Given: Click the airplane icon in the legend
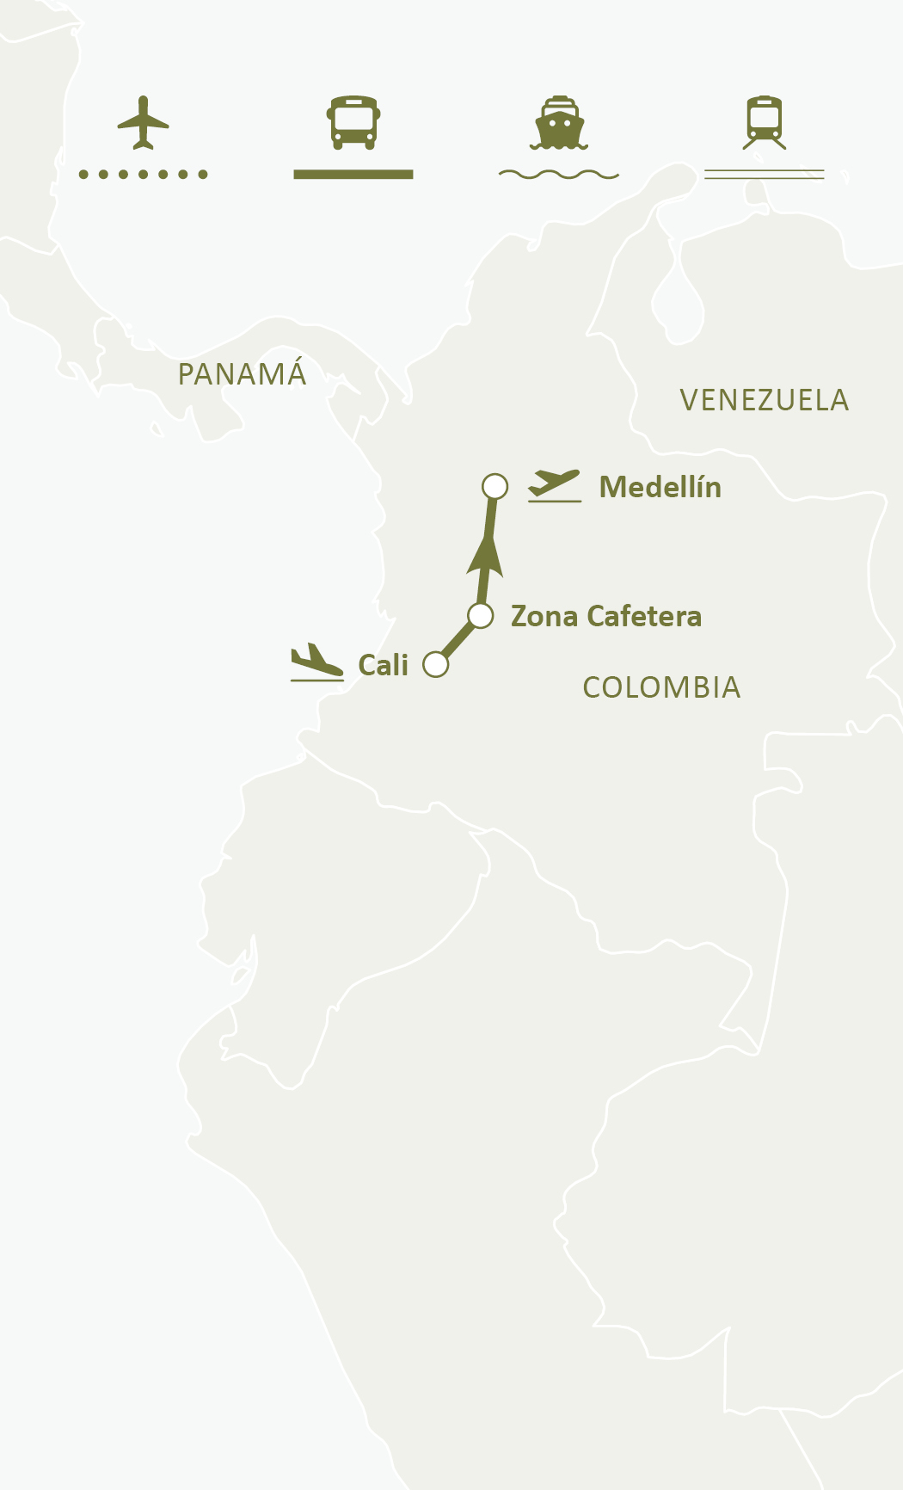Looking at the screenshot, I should pos(143,123).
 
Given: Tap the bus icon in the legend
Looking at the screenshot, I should pos(353,122).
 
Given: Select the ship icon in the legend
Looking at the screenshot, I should pos(559,123).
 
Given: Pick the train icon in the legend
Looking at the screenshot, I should pos(765,122).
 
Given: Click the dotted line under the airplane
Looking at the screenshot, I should pos(143,175).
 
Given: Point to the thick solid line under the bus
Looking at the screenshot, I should pos(353,175).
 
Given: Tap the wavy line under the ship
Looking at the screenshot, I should pos(559,175).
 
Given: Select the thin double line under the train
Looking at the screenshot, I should pos(765,175).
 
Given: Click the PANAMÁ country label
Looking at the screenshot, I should pos(242,374).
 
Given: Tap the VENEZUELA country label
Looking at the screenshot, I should pos(764,401).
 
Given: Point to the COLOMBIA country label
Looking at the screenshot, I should pos(661,688).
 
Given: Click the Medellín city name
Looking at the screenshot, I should pos(660,488).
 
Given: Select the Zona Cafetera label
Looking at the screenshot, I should pos(606,617).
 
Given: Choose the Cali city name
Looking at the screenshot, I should pos(383,666).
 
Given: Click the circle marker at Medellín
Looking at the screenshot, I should pos(494,487).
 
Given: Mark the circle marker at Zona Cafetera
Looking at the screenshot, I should pos(481,616).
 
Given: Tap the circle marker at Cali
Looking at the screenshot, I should pos(436,665).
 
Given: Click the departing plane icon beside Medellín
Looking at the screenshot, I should pos(555,485).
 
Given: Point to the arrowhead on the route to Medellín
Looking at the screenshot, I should pos(486,556).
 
